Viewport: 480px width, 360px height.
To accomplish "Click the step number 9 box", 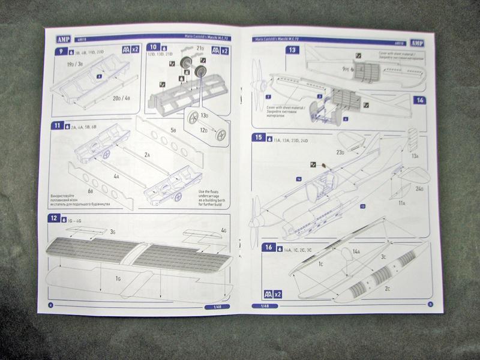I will click(x=60, y=51).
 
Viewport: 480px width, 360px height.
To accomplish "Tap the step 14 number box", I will click(x=419, y=101).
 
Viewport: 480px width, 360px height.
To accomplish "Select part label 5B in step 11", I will click(x=174, y=130).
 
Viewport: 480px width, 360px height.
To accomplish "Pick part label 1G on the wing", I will click(x=118, y=278).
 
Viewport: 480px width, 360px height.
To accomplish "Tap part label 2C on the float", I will click(x=387, y=288).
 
